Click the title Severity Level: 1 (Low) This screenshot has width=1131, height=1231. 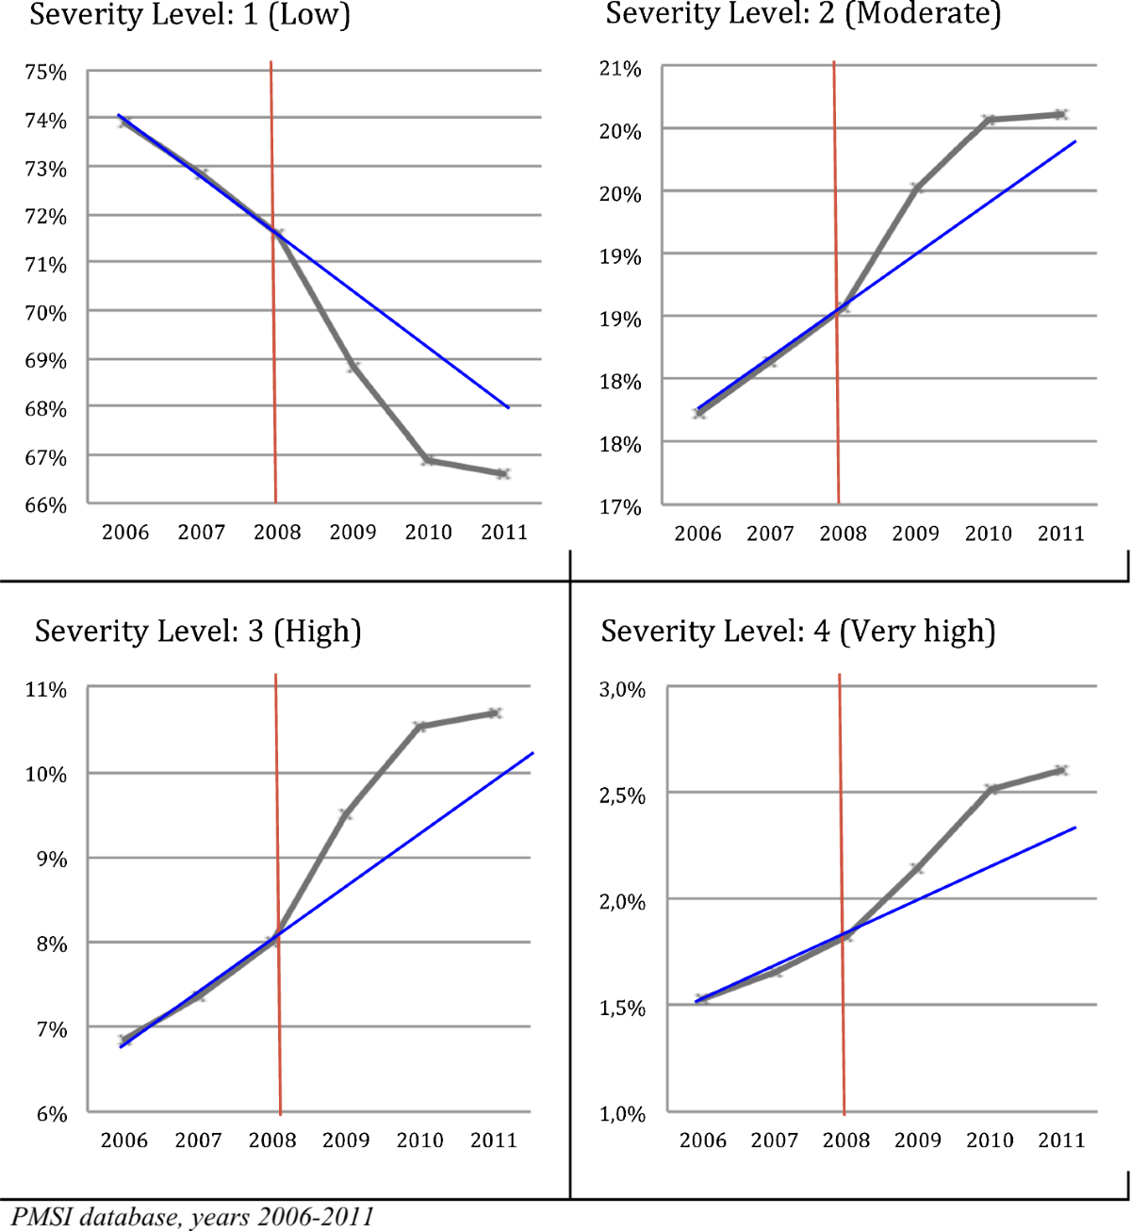[x=189, y=16]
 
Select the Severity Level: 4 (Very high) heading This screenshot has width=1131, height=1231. [x=797, y=632]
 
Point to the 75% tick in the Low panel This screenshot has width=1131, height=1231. [x=46, y=73]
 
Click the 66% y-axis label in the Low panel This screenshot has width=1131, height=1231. [x=46, y=505]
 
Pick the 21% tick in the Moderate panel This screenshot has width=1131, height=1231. [x=620, y=69]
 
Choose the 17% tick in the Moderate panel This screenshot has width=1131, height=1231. [x=620, y=507]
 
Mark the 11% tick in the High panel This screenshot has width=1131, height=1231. [x=46, y=690]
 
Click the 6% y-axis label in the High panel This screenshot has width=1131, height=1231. [x=52, y=1114]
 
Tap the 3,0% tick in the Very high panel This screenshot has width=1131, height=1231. [x=622, y=690]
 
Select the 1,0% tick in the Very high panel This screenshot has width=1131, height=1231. [x=622, y=1114]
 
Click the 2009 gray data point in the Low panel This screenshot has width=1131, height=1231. [x=353, y=367]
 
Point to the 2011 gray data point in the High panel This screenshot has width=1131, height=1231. [x=494, y=714]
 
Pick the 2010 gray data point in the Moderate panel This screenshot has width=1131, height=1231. [x=989, y=120]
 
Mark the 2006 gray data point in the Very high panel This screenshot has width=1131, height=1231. [x=701, y=999]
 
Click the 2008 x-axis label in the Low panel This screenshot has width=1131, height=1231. [x=277, y=533]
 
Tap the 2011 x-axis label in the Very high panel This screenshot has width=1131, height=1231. [x=1061, y=1141]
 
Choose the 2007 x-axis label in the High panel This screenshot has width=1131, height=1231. [x=198, y=1141]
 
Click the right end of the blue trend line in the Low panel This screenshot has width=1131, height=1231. [x=509, y=408]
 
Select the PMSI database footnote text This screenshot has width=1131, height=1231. [x=192, y=1217]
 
